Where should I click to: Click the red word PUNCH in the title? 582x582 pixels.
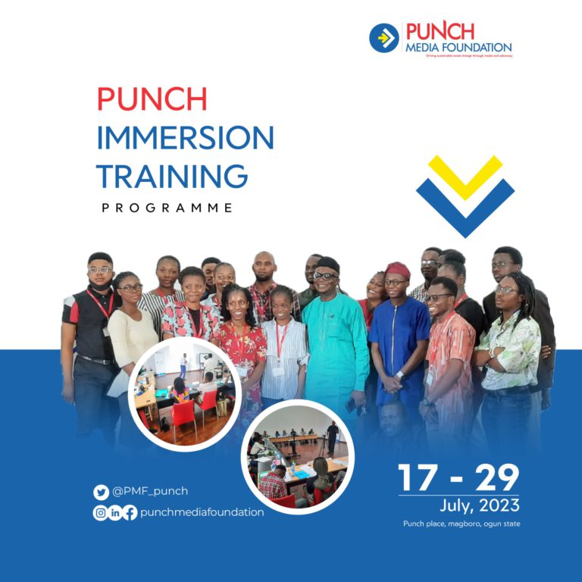[x=152, y=99]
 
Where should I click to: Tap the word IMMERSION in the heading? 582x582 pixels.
[x=185, y=139]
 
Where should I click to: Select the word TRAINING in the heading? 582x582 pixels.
[x=172, y=177]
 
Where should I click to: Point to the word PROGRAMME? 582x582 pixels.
[x=167, y=208]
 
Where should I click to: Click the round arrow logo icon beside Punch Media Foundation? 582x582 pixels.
[x=384, y=38]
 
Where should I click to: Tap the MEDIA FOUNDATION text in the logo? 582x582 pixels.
[x=458, y=47]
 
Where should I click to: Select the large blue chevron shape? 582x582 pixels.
[x=465, y=208]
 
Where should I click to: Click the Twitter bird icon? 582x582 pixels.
[x=101, y=492]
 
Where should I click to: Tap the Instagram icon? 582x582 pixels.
[x=100, y=512]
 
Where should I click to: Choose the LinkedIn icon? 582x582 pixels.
[x=115, y=512]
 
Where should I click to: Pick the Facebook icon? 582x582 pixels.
[x=130, y=512]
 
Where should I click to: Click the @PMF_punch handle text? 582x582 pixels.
[x=150, y=492]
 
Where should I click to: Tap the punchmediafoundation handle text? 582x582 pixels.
[x=202, y=512]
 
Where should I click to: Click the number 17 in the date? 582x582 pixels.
[x=417, y=477]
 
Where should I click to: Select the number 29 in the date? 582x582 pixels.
[x=497, y=477]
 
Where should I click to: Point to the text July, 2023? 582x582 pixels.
[x=480, y=505]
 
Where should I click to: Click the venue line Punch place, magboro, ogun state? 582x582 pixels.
[x=462, y=524]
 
